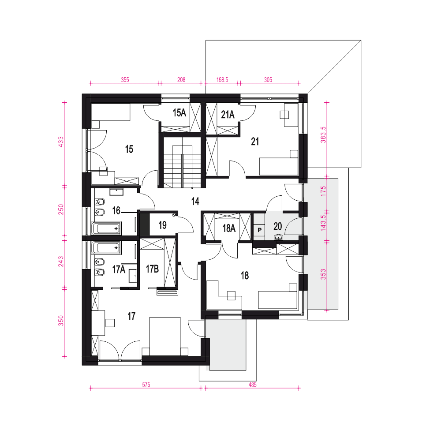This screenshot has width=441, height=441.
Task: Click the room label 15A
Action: point(179,113)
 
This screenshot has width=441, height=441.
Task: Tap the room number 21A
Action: point(228,115)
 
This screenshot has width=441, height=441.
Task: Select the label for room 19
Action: point(162,225)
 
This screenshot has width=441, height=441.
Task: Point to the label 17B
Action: point(152,269)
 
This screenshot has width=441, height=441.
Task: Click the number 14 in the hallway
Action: point(195,201)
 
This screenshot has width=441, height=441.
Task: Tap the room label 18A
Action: point(229,228)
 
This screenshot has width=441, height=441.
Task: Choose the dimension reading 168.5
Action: point(222,79)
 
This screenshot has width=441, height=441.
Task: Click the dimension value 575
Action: point(146,385)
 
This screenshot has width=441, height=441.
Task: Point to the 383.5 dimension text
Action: point(323,135)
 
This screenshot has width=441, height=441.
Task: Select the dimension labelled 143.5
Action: point(323,223)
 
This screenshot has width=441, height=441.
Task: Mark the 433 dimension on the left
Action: point(61,142)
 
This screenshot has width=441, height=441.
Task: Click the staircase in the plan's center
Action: point(182,163)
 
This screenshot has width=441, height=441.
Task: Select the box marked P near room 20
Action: point(259,230)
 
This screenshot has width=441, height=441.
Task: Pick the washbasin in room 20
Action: point(278,237)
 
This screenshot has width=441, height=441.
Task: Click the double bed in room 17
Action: point(165,336)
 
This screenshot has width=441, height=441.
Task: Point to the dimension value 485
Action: point(253,385)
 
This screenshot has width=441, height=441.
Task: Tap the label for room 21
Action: point(255,141)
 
